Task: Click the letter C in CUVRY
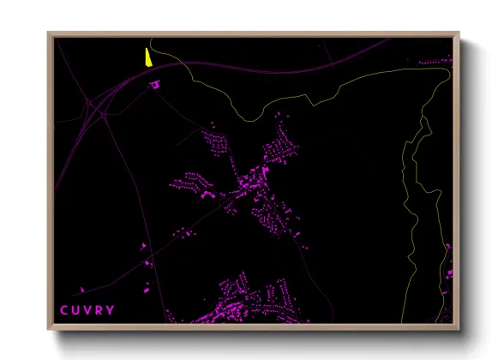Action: [63, 309]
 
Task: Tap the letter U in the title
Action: [75, 309]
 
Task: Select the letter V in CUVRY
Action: [87, 309]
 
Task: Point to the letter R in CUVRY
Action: [99, 309]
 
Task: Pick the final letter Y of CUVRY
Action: [111, 309]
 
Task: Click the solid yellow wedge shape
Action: [148, 57]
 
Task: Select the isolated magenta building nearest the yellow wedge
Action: [155, 84]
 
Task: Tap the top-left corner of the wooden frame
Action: [49, 33]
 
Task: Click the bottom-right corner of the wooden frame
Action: [459, 329]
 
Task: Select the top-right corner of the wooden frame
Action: [459, 33]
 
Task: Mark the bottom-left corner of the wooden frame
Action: [49, 329]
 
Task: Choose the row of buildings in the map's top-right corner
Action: [435, 61]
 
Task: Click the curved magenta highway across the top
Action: [257, 69]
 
